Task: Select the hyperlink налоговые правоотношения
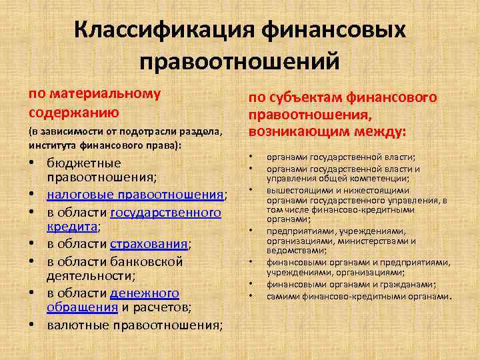click(x=136, y=195)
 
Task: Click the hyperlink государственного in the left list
click(x=165, y=213)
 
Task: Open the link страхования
click(x=149, y=244)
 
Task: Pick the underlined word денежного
click(x=145, y=293)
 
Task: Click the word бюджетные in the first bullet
click(x=84, y=163)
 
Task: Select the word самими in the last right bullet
click(x=282, y=295)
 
